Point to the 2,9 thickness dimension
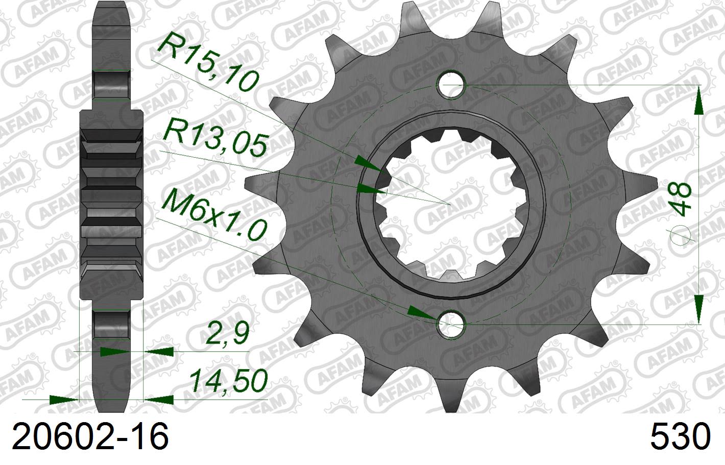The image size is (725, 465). click(227, 334)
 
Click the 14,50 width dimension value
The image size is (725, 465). click(229, 380)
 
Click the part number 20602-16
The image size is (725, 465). click(90, 438)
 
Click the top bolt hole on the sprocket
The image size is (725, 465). click(451, 84)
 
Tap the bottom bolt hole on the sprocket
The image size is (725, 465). click(451, 324)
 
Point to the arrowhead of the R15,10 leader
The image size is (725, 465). click(368, 164)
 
